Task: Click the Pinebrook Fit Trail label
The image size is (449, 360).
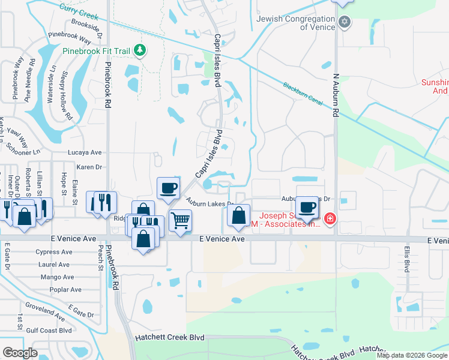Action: [x=97, y=51]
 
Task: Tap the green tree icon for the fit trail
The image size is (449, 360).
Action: [x=140, y=50]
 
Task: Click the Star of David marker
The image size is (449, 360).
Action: [x=344, y=23]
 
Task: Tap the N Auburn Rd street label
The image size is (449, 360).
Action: [x=336, y=96]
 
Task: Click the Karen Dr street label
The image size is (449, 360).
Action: [x=90, y=167]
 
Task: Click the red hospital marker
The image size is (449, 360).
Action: [x=330, y=220]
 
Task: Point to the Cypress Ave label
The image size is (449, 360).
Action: [x=53, y=252]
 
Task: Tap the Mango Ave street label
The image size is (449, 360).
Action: [x=57, y=277]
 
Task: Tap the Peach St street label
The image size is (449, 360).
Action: [x=100, y=260]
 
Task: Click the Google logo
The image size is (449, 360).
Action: [x=20, y=353]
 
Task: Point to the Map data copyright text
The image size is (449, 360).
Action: [x=412, y=355]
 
